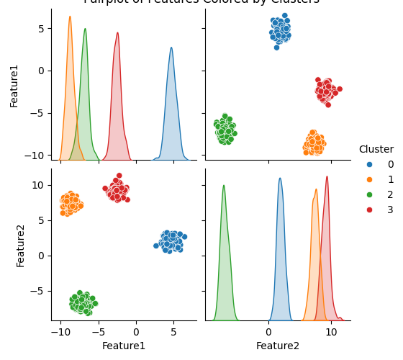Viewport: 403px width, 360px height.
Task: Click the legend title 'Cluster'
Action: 376,149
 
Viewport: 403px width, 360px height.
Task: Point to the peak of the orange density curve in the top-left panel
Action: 70,17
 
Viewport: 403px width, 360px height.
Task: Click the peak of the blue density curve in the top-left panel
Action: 171,48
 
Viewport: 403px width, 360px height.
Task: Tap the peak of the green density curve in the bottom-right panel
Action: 224,186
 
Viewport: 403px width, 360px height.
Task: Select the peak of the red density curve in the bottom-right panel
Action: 327,177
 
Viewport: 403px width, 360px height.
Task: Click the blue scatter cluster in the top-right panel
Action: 280,30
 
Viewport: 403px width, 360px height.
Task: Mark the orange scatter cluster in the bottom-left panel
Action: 70,203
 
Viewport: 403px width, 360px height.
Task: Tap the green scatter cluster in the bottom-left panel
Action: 83,303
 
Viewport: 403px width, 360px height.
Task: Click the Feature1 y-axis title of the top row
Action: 14,84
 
